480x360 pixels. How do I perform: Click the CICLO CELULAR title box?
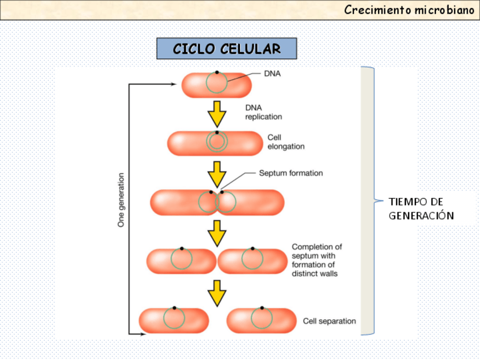[226, 49]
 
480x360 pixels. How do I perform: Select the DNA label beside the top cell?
[272, 74]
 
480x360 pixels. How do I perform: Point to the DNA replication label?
[263, 112]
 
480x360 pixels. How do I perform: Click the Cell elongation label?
[286, 142]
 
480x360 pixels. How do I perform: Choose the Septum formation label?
[291, 173]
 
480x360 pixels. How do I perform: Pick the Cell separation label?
[329, 321]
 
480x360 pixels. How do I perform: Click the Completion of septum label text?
[317, 260]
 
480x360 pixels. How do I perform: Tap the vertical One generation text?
[121, 200]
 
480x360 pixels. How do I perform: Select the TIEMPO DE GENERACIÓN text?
[421, 209]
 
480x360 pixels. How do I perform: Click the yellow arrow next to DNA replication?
[217, 114]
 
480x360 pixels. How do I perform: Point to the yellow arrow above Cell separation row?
[217, 293]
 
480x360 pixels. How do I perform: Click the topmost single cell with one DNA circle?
[216, 85]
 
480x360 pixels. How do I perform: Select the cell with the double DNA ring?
[216, 143]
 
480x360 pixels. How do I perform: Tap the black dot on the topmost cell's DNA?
[216, 72]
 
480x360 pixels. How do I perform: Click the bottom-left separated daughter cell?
[174, 320]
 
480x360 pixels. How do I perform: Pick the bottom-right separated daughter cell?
[261, 320]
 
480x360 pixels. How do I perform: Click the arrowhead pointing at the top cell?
[174, 84]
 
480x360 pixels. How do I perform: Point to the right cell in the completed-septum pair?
[252, 261]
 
